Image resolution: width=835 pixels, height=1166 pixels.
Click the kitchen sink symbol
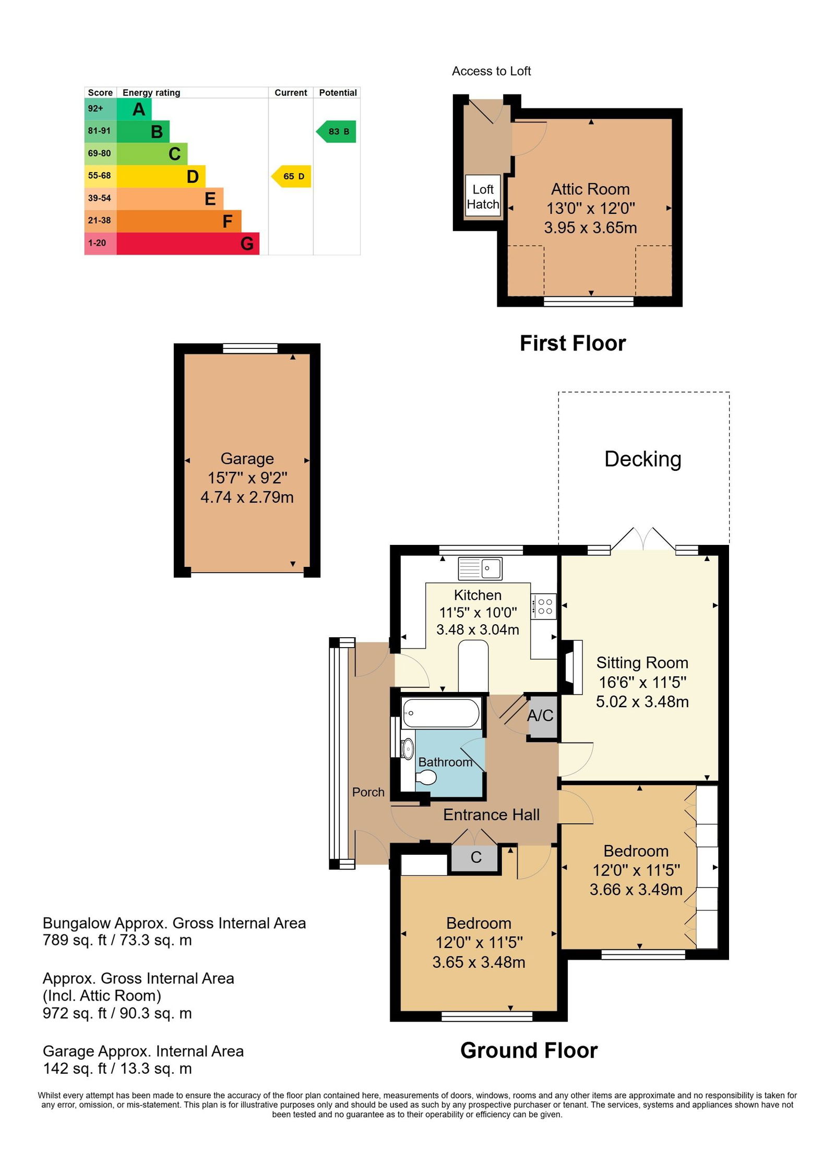[480, 568]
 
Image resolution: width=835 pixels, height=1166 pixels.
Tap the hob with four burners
[543, 606]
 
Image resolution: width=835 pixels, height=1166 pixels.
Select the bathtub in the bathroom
[441, 713]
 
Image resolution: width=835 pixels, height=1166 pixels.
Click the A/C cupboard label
[540, 715]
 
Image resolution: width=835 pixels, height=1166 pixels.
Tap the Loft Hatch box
[483, 197]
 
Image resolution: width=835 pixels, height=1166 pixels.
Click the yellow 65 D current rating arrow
[291, 176]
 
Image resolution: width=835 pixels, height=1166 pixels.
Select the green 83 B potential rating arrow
[336, 131]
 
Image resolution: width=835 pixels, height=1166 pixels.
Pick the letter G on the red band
[247, 244]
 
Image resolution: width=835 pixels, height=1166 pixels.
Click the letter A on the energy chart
[139, 110]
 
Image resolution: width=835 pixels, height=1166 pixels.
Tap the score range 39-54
[99, 198]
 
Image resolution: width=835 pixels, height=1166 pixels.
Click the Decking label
[642, 459]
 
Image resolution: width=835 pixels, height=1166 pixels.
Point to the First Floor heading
[572, 344]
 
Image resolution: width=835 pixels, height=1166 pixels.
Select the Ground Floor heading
[529, 1051]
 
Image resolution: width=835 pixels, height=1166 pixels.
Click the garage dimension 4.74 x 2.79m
[247, 497]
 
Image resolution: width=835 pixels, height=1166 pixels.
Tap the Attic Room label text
[590, 189]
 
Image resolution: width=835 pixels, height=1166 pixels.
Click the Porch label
[368, 792]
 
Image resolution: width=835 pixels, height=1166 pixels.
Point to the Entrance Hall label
[491, 815]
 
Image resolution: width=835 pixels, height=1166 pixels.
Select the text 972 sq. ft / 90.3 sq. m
[117, 1013]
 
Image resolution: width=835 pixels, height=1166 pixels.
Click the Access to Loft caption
[491, 71]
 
